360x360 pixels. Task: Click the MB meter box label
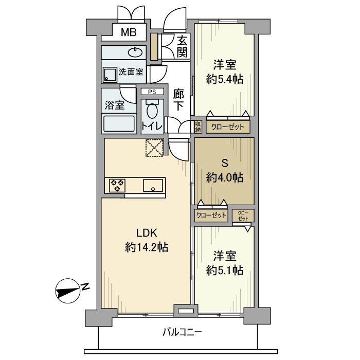tap(128, 33)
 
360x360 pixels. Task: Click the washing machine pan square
tap(110, 75)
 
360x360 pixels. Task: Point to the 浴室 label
tap(114, 105)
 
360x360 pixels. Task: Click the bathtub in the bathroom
tap(119, 124)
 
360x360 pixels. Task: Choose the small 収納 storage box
tap(198, 127)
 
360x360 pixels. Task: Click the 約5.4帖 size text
tap(224, 79)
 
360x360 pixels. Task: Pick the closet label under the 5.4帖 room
tap(228, 127)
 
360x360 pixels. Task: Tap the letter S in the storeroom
tap(224, 164)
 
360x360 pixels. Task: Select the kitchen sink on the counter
tap(153, 185)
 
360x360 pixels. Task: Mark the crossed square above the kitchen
tap(154, 148)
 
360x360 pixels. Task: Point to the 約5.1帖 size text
tap(224, 269)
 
